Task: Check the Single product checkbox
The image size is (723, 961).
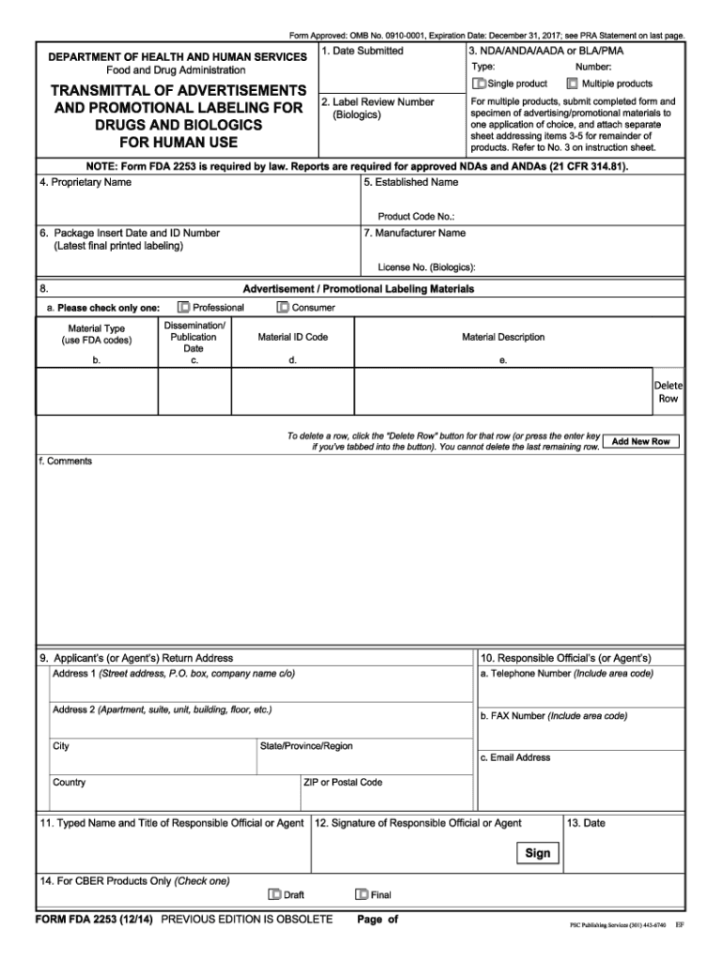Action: click(x=480, y=84)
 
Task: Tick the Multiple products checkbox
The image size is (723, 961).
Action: click(x=572, y=84)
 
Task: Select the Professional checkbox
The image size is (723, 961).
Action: click(x=184, y=307)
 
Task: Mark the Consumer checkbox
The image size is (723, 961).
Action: click(x=283, y=307)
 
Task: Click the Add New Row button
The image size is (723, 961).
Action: click(x=640, y=441)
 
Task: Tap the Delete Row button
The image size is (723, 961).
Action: click(x=668, y=392)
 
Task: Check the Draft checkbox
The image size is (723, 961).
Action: click(x=274, y=894)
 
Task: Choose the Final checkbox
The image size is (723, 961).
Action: click(x=361, y=894)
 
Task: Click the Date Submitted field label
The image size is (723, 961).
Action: click(x=361, y=51)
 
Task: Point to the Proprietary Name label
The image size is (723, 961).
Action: click(x=85, y=182)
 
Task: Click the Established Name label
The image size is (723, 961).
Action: click(x=410, y=182)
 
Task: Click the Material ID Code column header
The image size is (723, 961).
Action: click(x=293, y=337)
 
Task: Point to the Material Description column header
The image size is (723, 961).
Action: click(x=502, y=337)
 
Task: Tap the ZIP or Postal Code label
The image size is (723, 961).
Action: click(x=343, y=782)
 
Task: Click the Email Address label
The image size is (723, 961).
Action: click(x=515, y=757)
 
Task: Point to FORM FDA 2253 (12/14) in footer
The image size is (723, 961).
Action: click(x=94, y=919)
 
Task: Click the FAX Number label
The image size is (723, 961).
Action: click(x=553, y=715)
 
